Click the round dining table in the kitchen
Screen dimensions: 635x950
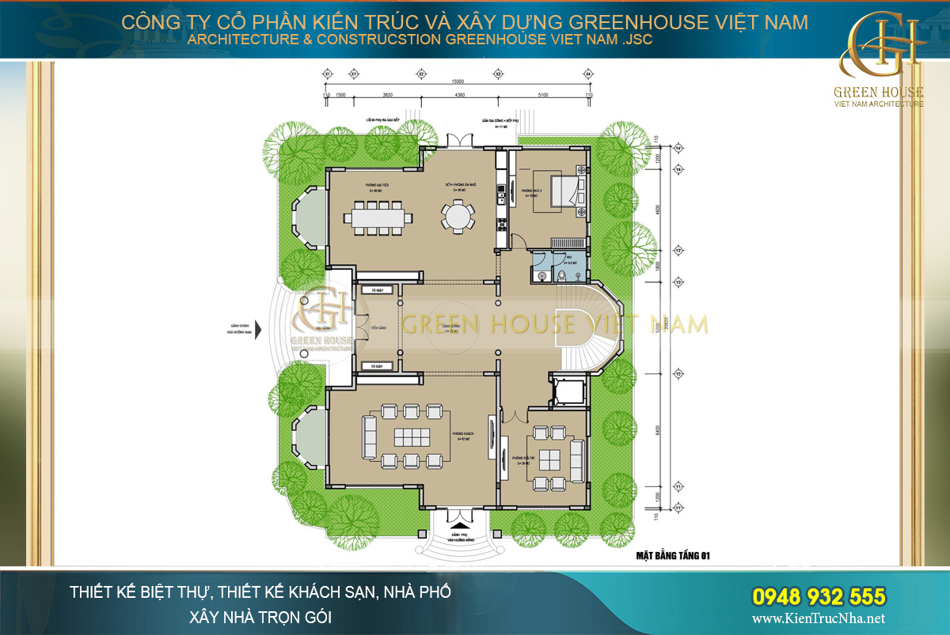(x=456, y=216)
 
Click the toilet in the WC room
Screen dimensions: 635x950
(x=561, y=274)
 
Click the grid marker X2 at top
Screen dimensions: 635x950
(x=421, y=74)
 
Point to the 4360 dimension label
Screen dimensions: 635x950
(x=459, y=95)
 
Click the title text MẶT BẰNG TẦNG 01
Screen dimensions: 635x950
(x=673, y=556)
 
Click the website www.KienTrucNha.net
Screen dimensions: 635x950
(x=819, y=619)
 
